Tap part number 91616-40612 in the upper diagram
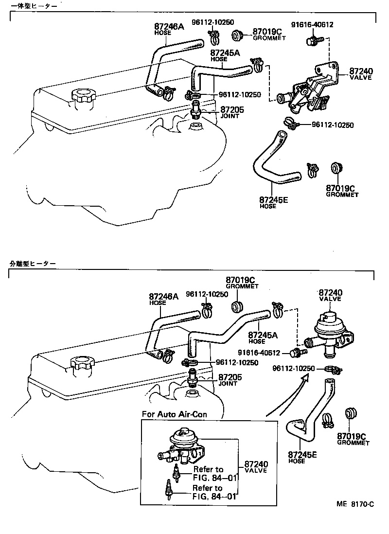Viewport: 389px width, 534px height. tap(312, 25)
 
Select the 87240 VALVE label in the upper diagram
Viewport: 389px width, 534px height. tap(360, 73)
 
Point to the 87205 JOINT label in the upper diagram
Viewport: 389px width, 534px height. tap(232, 112)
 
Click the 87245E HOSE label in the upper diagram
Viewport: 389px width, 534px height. tap(274, 202)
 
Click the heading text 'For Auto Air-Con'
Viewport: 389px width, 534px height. tap(174, 414)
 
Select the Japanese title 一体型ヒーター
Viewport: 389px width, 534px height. tap(34, 6)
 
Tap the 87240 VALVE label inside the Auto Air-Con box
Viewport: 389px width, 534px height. tap(256, 467)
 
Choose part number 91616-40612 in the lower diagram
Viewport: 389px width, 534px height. tap(259, 353)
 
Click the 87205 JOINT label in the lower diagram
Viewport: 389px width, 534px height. tap(230, 380)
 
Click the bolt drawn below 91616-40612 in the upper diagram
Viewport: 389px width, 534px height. tap(312, 41)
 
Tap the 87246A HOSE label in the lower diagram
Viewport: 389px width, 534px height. tap(163, 299)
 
